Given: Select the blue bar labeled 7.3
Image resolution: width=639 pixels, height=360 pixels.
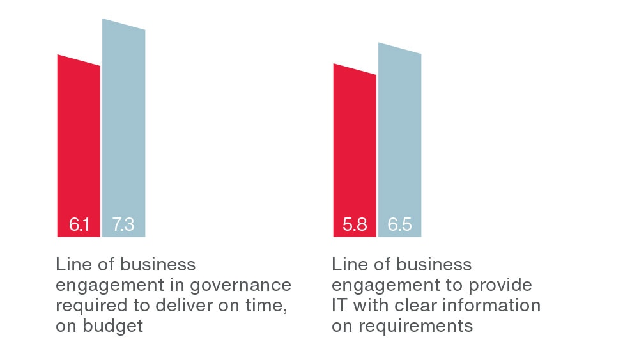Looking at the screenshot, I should point(124,128).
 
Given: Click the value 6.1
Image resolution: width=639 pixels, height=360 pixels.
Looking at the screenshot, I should point(79,226).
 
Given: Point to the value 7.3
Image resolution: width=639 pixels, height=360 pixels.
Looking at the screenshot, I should point(123,226).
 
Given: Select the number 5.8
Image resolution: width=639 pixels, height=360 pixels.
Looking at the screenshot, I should point(355,226).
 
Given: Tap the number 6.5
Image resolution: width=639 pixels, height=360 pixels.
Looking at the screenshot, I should point(399,226).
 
